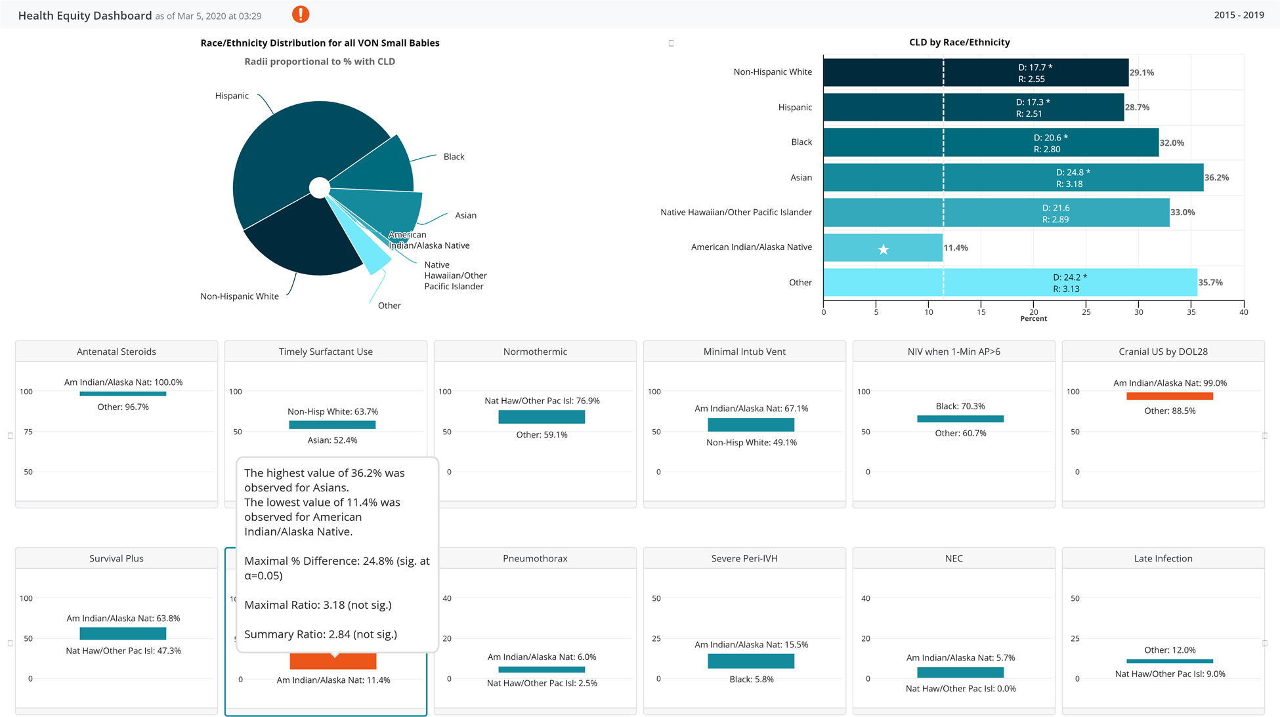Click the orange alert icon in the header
301,14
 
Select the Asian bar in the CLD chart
1013,178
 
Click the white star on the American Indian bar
884,249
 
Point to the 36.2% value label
1216,178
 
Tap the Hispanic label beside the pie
232,96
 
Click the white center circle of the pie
320,188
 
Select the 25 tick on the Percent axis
1086,312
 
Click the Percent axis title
1033,319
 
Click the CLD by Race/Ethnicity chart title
959,42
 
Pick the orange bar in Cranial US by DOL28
1169,396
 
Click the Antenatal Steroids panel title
116,352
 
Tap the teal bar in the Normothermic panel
541,417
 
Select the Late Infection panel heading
1163,558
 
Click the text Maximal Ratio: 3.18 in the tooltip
318,605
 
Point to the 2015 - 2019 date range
1239,15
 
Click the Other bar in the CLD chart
1010,283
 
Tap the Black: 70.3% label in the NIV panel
960,406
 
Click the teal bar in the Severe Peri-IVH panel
750,661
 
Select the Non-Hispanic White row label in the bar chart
772,72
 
